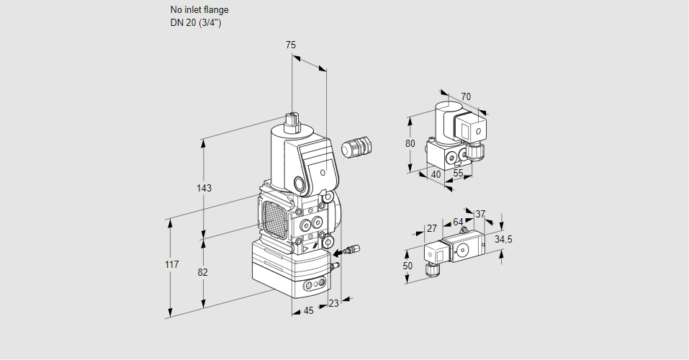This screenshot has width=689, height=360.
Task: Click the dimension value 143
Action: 204,189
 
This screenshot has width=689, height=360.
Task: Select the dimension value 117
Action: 171,265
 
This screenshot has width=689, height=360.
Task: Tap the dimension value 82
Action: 203,272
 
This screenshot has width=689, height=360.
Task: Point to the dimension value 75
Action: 291,45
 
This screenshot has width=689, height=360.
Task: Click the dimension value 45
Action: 308,310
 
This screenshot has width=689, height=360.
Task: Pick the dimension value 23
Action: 333,303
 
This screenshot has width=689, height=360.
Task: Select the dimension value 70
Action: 466,96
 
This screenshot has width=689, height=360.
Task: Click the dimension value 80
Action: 410,143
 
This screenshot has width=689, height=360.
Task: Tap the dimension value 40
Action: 436,174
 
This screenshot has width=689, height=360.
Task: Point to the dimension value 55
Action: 459,174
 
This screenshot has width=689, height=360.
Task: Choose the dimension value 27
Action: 432,228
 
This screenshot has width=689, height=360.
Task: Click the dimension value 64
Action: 458,222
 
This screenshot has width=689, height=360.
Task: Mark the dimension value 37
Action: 481,214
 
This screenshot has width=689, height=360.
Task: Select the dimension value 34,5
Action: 504,239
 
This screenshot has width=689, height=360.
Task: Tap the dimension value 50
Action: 408,266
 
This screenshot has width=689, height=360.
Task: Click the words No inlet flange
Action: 199,10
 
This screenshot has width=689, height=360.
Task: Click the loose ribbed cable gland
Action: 355,147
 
